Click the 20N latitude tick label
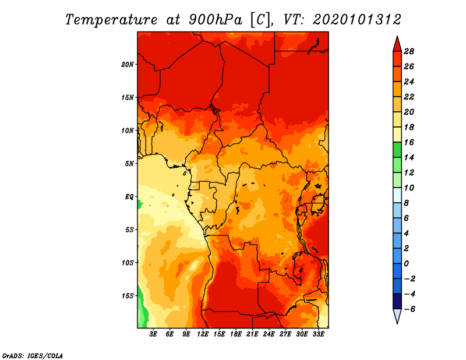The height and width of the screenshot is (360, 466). pyautogui.click(x=127, y=65)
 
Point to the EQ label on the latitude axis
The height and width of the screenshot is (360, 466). pyautogui.click(x=129, y=197)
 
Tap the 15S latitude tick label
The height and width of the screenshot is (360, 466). pyautogui.click(x=128, y=296)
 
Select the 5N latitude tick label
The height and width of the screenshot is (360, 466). pyautogui.click(x=129, y=164)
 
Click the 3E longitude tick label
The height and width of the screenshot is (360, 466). pyautogui.click(x=153, y=334)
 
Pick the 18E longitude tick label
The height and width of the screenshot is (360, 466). pyautogui.click(x=236, y=334)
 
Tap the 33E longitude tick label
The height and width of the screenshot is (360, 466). pyautogui.click(x=318, y=334)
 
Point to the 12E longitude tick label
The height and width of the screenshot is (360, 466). pyautogui.click(x=203, y=334)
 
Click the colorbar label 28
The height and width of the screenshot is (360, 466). pyautogui.click(x=409, y=51)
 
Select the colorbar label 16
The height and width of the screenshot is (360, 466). pyautogui.click(x=409, y=142)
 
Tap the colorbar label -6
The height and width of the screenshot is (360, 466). pyautogui.click(x=409, y=309)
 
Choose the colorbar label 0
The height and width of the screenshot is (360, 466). pyautogui.click(x=406, y=264)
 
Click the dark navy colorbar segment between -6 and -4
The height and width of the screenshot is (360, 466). pyautogui.click(x=397, y=301)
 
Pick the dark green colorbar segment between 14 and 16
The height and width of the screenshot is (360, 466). pyautogui.click(x=397, y=150)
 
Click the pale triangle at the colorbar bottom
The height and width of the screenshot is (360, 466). pyautogui.click(x=397, y=316)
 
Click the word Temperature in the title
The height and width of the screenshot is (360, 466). pyautogui.click(x=111, y=20)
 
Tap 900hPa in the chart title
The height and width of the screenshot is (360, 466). pyautogui.click(x=216, y=20)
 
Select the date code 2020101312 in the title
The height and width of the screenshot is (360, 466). pyautogui.click(x=357, y=20)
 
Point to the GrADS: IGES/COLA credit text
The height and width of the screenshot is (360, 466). pyautogui.click(x=33, y=356)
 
